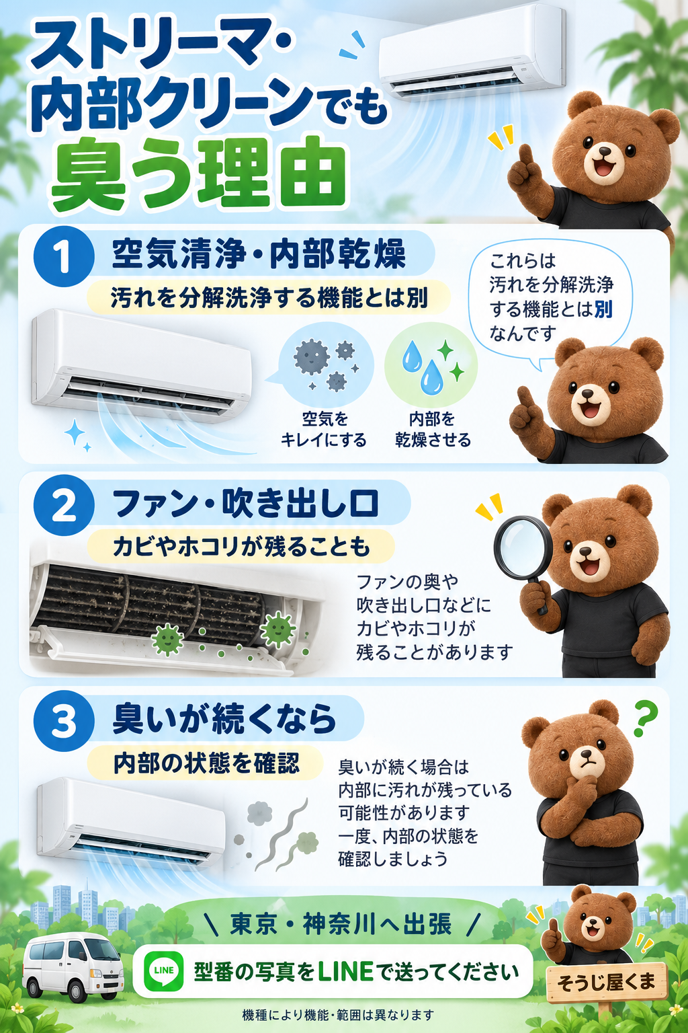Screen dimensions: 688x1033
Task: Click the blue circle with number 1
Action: pyautogui.click(x=64, y=256)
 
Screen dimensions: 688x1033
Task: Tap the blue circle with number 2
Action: pyautogui.click(x=64, y=506)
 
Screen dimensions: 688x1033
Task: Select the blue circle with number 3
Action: pyautogui.click(x=64, y=721)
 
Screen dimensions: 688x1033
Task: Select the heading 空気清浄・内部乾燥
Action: pyautogui.click(x=259, y=254)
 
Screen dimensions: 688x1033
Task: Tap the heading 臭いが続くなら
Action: pyautogui.click(x=224, y=719)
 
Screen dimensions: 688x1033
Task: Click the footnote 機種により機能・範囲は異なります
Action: pyautogui.click(x=338, y=1015)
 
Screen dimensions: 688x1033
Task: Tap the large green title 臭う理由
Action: pyautogui.click(x=198, y=174)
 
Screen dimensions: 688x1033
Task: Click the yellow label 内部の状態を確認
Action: pyautogui.click(x=206, y=763)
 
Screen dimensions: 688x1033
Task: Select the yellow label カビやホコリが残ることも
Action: pyautogui.click(x=241, y=547)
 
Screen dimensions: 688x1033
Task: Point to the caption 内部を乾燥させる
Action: pyautogui.click(x=432, y=429)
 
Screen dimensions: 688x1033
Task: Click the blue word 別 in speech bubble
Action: pyautogui.click(x=603, y=309)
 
